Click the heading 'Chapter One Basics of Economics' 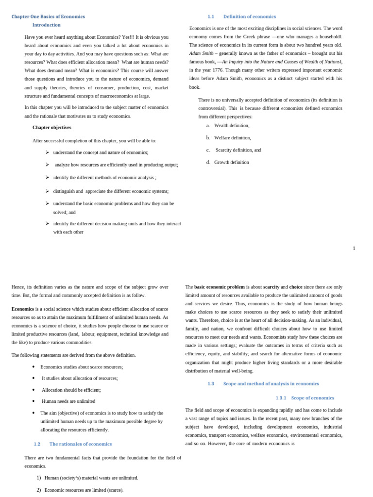(x=48, y=17)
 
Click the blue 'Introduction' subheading (x=47, y=25)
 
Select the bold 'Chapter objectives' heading (x=52, y=128)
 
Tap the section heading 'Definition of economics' (x=249, y=17)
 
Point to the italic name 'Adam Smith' (x=201, y=53)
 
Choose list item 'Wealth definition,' (x=232, y=125)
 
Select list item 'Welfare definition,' (x=233, y=138)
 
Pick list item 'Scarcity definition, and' (x=238, y=150)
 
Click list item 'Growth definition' (x=232, y=163)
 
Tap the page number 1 (x=354, y=248)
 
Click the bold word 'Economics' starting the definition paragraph (x=23, y=309)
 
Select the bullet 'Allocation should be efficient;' (x=71, y=390)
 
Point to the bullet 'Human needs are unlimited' (x=68, y=401)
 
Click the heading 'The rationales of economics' (x=81, y=444)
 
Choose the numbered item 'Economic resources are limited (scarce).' (x=84, y=490)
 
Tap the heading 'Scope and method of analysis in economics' (x=271, y=383)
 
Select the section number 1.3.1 (x=281, y=398)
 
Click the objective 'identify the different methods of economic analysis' (x=104, y=178)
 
